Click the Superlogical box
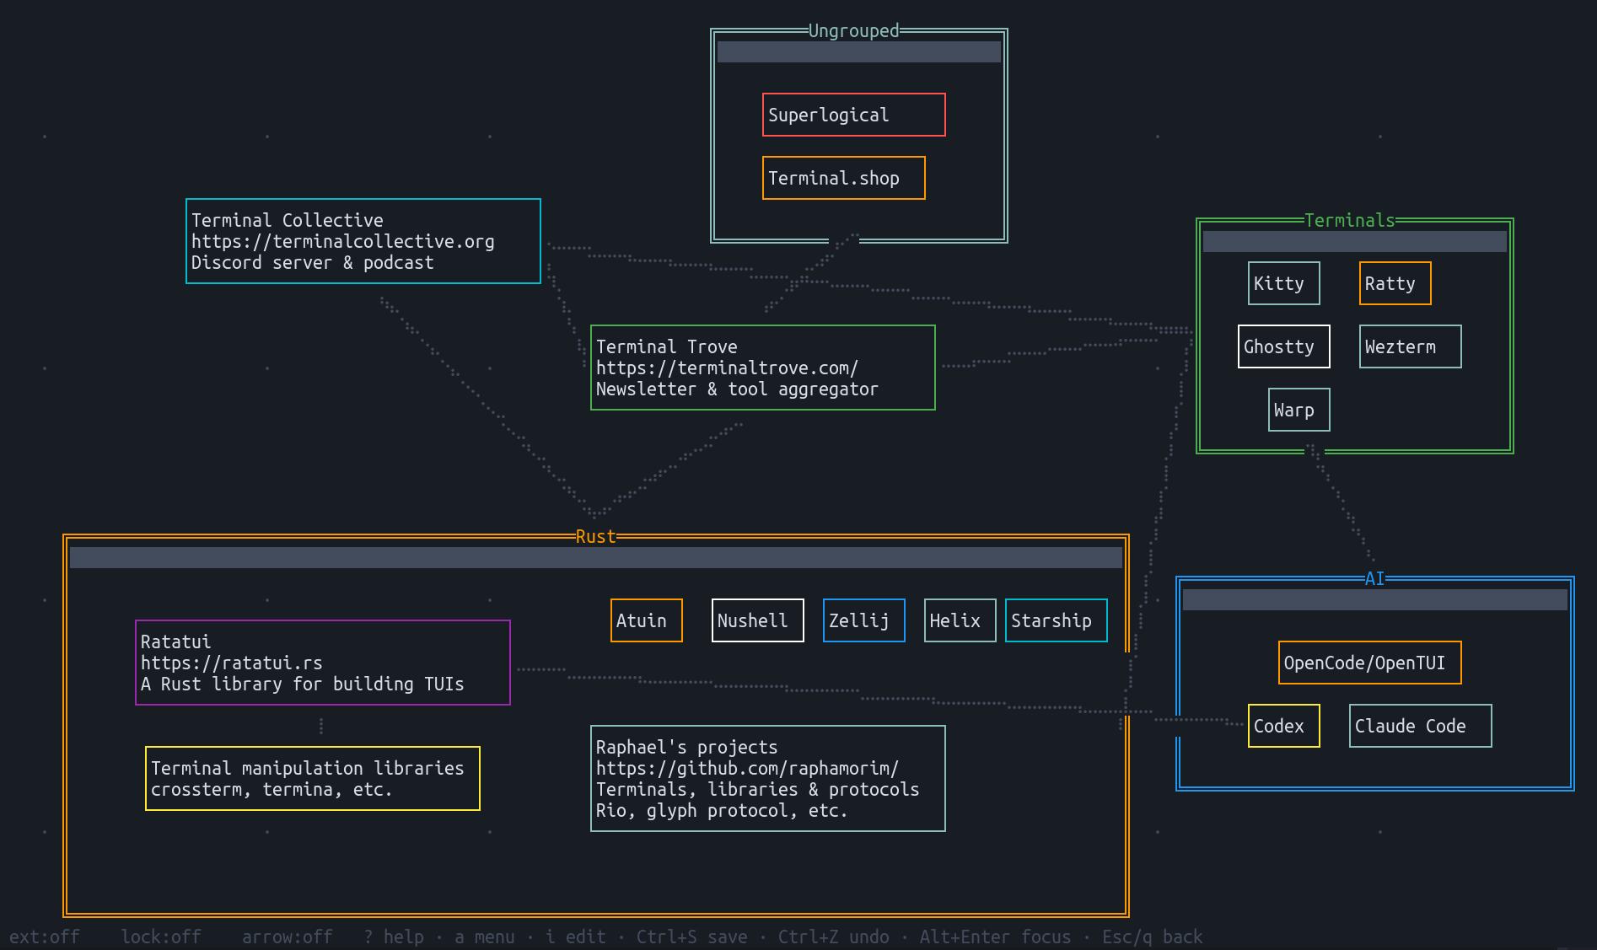[853, 115]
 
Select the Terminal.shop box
[843, 178]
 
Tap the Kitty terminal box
[1283, 283]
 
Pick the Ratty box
[1395, 283]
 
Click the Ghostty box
[1283, 346]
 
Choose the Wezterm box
[1410, 346]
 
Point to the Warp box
[1299, 410]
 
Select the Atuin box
[646, 620]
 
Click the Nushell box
[757, 620]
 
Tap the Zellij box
[863, 620]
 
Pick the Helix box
[960, 620]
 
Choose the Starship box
[1056, 620]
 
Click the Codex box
[1283, 726]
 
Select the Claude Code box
[1420, 726]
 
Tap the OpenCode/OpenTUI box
[1369, 663]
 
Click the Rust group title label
[595, 537]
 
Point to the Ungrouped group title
[853, 31]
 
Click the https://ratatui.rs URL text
[231, 663]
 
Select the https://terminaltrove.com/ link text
[727, 368]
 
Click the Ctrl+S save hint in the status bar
[691, 937]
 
